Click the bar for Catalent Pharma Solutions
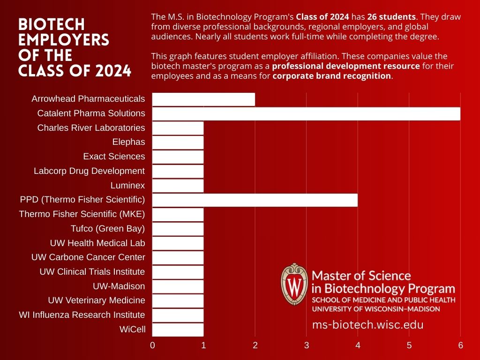pos(306,113)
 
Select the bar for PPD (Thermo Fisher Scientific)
pos(255,200)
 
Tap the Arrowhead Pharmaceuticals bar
pos(203,99)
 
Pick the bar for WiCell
pos(178,330)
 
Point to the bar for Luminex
pos(178,186)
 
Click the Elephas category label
pos(128,142)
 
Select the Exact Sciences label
pos(114,157)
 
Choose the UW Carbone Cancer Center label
pos(88,257)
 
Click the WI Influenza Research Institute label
pos(82,315)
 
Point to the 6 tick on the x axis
pos(460,346)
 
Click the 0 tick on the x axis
pos(152,346)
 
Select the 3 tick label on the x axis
pos(307,346)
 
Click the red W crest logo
pos(294,285)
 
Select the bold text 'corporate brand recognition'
pos(331,76)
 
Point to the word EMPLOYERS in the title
pos(64,40)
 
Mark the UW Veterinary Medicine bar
pos(178,300)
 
